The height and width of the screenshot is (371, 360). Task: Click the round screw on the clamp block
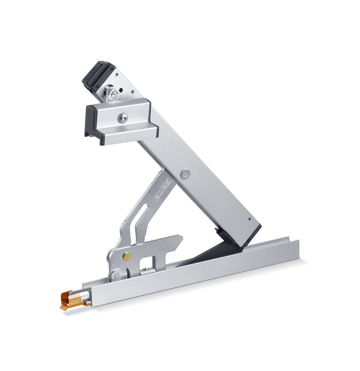coord(122,118)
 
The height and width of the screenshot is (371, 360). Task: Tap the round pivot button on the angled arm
coord(186,173)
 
